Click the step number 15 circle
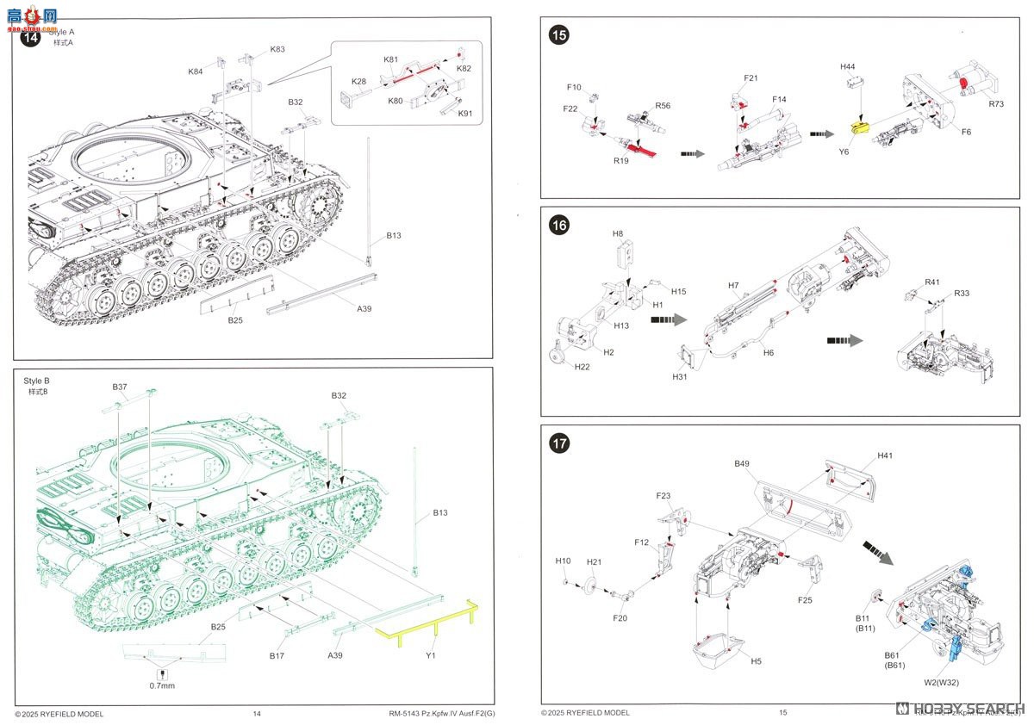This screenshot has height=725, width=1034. [559, 35]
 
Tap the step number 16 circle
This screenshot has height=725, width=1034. [559, 226]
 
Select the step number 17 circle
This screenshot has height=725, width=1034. [559, 444]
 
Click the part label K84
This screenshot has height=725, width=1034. [196, 71]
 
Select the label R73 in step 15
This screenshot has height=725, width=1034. [997, 104]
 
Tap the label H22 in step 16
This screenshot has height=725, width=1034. [582, 368]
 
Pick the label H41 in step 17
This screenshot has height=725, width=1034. [885, 455]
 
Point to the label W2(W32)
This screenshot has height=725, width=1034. [943, 684]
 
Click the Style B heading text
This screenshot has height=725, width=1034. [37, 380]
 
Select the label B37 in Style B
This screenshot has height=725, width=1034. [120, 387]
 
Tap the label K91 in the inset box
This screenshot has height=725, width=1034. [465, 114]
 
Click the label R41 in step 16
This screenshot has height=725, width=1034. [932, 282]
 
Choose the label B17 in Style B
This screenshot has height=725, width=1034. [277, 655]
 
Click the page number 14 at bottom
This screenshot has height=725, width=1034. [257, 713]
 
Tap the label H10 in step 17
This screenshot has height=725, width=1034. [563, 561]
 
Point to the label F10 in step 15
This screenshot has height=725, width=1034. [575, 87]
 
